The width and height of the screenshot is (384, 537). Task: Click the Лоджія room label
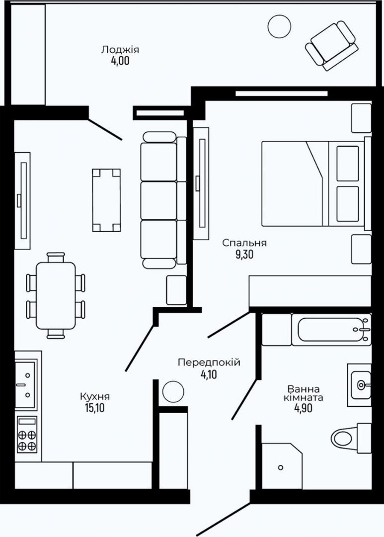coord(120,50)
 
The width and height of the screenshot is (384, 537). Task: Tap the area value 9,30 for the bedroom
coord(244,255)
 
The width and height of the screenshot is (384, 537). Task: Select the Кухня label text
coord(95,397)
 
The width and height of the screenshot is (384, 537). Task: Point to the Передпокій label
coord(209,362)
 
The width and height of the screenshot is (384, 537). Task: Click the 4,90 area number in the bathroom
coord(303,408)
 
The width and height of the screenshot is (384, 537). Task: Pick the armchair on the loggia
coord(332,46)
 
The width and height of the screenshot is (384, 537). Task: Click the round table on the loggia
coord(280,27)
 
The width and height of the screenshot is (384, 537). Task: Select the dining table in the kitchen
coord(56,295)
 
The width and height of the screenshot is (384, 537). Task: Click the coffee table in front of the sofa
coord(106,200)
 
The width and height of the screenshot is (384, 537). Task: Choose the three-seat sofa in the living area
coord(163,200)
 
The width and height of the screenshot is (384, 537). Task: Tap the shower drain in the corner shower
coord(281,467)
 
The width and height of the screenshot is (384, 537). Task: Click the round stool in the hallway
coord(173,392)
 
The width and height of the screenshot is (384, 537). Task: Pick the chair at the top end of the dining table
coord(56,257)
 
